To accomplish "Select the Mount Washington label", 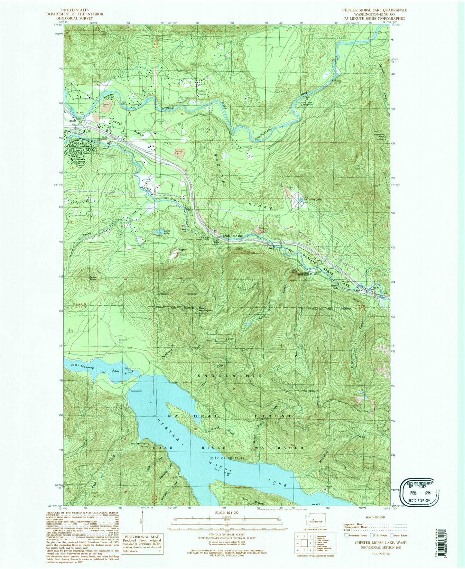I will coord(205,309).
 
